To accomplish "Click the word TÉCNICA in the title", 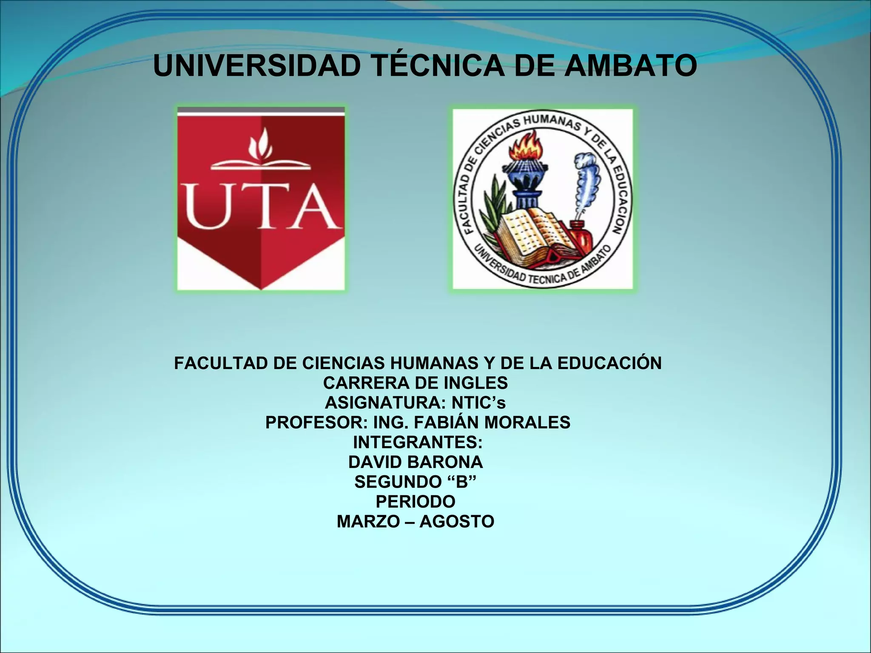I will point(438,66).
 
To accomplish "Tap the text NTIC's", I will point(478,403).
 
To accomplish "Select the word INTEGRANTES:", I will point(418,443).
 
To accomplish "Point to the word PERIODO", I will point(416,502).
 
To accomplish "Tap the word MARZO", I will point(368,522).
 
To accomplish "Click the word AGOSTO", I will point(457,522).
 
